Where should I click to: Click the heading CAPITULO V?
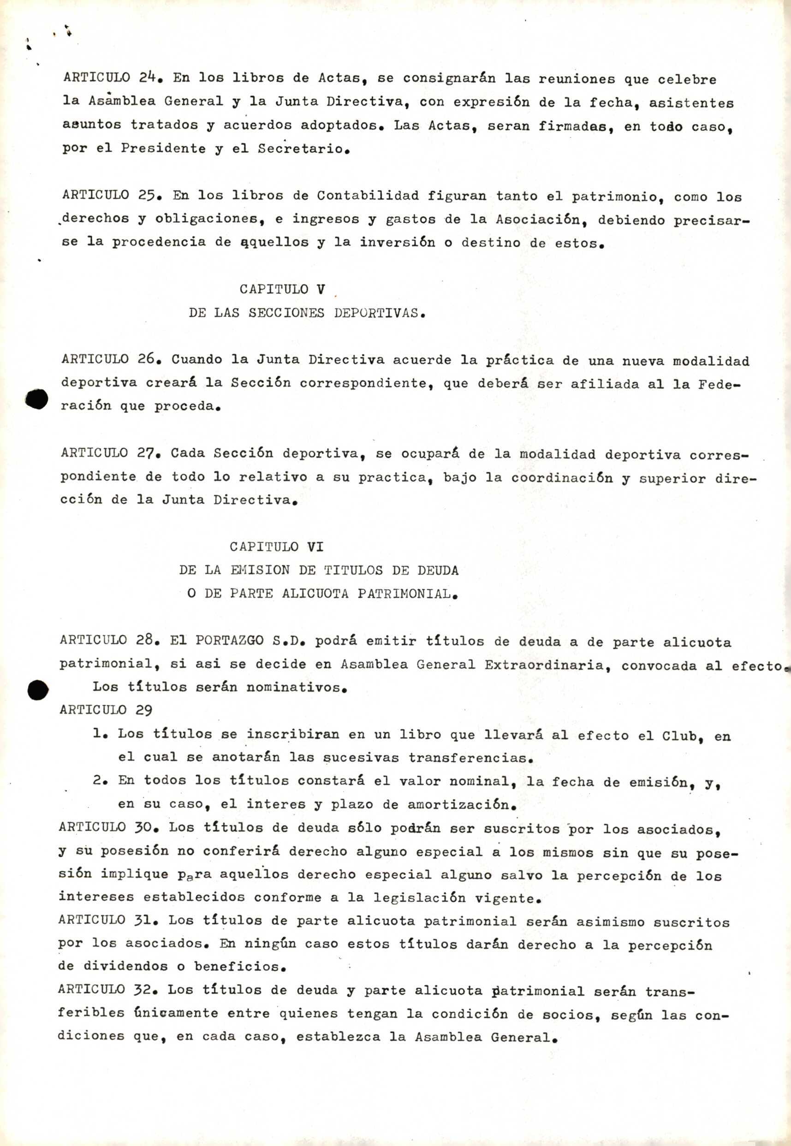(282, 289)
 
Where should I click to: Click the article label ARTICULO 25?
(111, 195)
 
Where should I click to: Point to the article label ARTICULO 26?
(110, 360)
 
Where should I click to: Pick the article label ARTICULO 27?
(110, 453)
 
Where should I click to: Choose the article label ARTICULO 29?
(106, 710)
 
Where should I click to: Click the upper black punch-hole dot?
(36, 399)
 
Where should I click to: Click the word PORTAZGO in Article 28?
(230, 640)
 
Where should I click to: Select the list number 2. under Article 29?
(100, 780)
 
